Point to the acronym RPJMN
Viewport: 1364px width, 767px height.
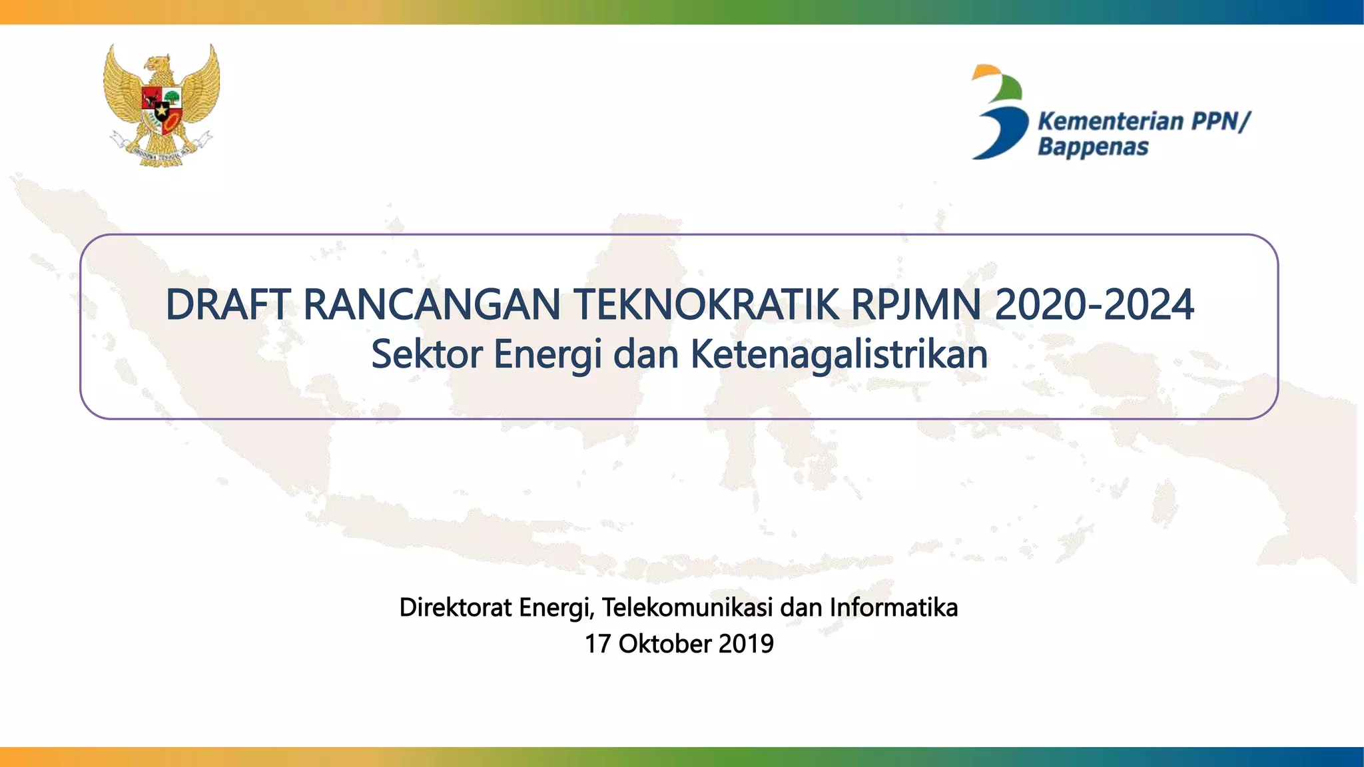pyautogui.click(x=916, y=305)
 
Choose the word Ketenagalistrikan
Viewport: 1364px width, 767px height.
pyautogui.click(x=839, y=354)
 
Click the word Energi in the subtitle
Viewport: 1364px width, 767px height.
pyautogui.click(x=548, y=354)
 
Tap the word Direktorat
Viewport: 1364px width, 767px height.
pyautogui.click(x=456, y=608)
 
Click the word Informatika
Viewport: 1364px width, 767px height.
pyautogui.click(x=893, y=608)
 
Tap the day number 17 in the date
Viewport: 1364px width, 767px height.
pyautogui.click(x=597, y=644)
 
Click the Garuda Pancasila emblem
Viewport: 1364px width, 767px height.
pyautogui.click(x=161, y=105)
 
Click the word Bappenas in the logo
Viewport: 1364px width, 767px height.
pyautogui.click(x=1093, y=146)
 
